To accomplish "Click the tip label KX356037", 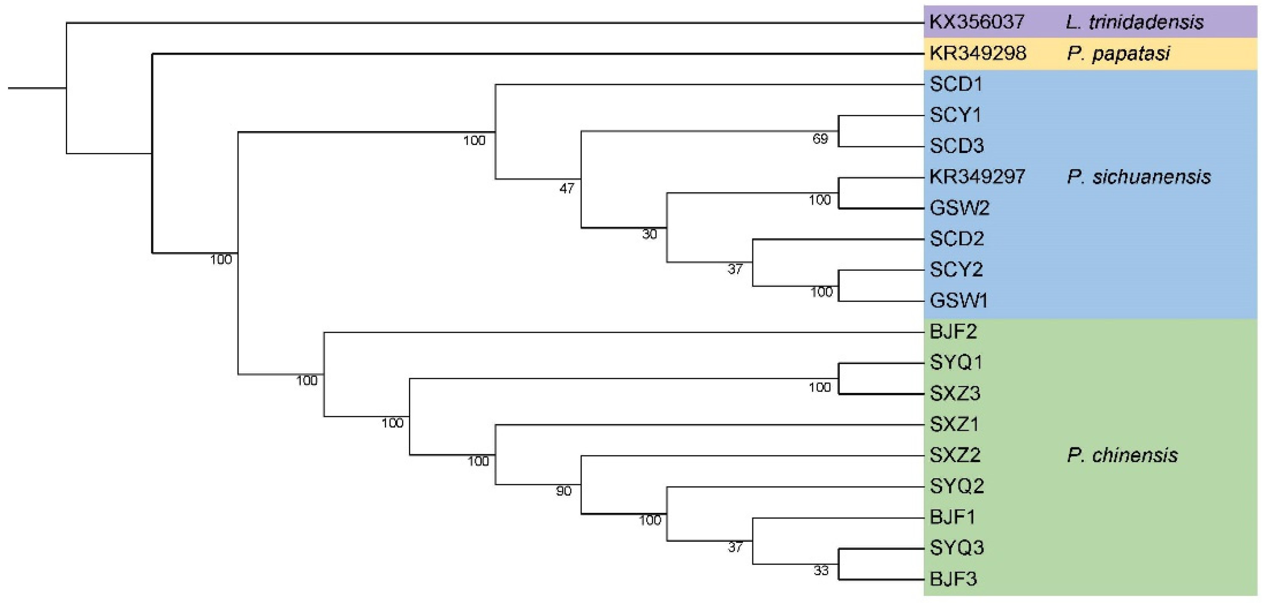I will pyautogui.click(x=977, y=22).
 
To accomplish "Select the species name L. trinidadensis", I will pyautogui.click(x=1134, y=22).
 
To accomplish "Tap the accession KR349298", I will pyautogui.click(x=977, y=53).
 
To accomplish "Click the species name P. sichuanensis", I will pyautogui.click(x=1138, y=177).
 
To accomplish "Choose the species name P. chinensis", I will pyautogui.click(x=1122, y=455).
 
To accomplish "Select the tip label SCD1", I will pyautogui.click(x=956, y=85).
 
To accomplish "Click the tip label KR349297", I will pyautogui.click(x=977, y=177).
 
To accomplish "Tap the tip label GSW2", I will pyautogui.click(x=959, y=208).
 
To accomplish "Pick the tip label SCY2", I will pyautogui.click(x=956, y=269).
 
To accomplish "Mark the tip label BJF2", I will pyautogui.click(x=953, y=332).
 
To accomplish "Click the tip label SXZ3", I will pyautogui.click(x=955, y=394).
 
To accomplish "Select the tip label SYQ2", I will pyautogui.click(x=956, y=486).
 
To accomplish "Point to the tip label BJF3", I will pyautogui.click(x=953, y=579).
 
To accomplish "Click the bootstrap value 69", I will pyautogui.click(x=820, y=139).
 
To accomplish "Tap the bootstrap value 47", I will pyautogui.click(x=566, y=189).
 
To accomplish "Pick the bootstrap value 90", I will pyautogui.click(x=563, y=491).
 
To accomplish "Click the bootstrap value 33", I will pyautogui.click(x=821, y=570).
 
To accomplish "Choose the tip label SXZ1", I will pyautogui.click(x=954, y=425).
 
